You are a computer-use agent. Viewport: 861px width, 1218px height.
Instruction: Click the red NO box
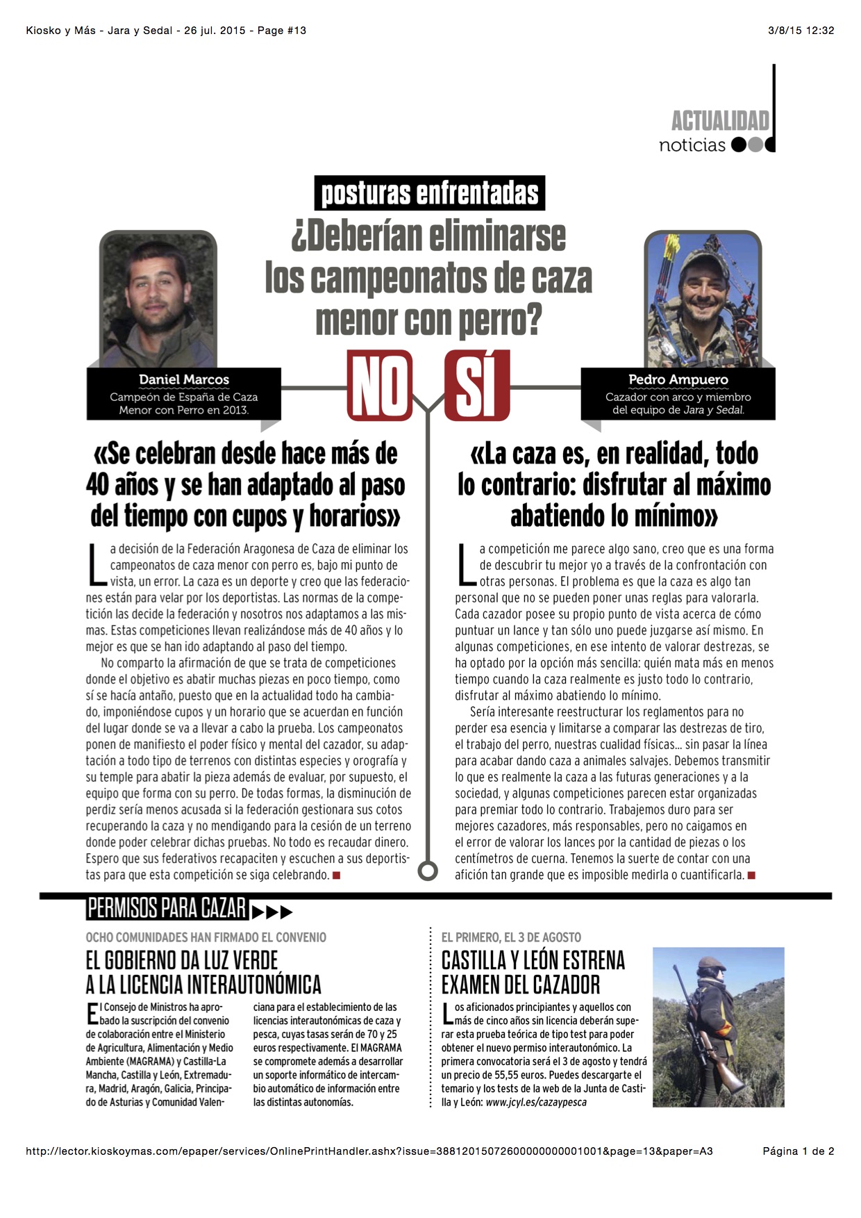[x=380, y=386]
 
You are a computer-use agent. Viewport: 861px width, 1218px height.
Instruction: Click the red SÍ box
[x=478, y=386]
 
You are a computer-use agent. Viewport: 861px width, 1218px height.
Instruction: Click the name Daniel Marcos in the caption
[x=184, y=380]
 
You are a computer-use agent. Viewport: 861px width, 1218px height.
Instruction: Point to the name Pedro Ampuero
[x=678, y=380]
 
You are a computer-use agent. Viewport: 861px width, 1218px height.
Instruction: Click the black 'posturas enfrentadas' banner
[x=430, y=193]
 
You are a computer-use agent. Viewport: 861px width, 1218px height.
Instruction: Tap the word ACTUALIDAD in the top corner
[x=720, y=121]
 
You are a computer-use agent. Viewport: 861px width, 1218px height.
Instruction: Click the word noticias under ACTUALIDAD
[x=692, y=145]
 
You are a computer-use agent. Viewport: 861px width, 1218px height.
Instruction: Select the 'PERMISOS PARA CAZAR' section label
[x=167, y=908]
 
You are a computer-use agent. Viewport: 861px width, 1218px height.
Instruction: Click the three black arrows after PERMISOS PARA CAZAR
[x=271, y=912]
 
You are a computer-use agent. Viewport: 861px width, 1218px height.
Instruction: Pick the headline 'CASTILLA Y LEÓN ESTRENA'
[x=533, y=961]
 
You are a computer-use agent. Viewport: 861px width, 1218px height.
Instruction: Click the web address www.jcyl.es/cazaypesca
[x=536, y=1102]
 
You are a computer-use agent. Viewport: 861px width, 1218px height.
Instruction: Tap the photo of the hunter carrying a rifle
[x=718, y=1027]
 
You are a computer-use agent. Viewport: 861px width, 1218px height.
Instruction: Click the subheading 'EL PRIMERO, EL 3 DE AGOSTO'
[x=511, y=937]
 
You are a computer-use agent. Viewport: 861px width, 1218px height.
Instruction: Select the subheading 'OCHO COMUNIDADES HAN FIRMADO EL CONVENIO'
[x=206, y=937]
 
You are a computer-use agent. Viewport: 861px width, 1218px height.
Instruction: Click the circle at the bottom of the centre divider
[x=428, y=870]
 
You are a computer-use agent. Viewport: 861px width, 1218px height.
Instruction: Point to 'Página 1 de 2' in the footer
[x=798, y=1151]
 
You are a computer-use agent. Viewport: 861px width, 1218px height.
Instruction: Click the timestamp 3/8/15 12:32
[x=801, y=31]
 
